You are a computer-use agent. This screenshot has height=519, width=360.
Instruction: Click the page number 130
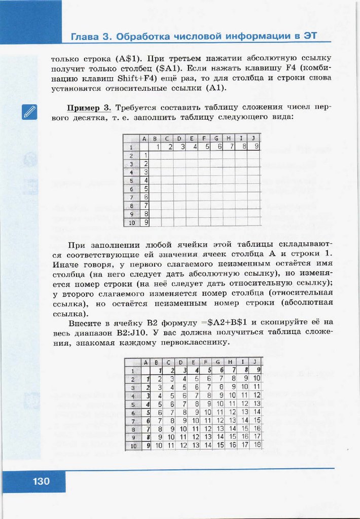point(42,481)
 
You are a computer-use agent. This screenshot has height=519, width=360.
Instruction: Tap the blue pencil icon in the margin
point(30,112)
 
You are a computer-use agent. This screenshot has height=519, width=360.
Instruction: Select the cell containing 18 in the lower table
point(257,444)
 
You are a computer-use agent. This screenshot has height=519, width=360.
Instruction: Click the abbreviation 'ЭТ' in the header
point(319,36)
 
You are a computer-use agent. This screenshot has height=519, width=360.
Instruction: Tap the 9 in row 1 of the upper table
point(257,146)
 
